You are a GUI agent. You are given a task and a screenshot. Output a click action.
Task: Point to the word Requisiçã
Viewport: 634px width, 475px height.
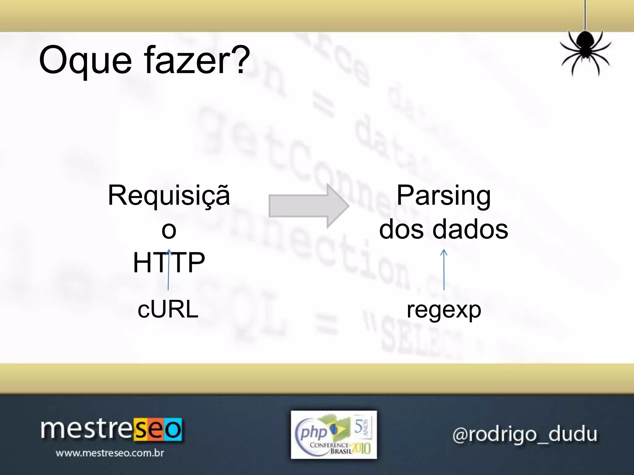tap(169, 196)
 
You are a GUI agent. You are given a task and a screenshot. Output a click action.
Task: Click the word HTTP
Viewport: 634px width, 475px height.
tap(169, 263)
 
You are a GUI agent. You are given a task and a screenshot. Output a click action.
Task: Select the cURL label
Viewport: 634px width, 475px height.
tap(168, 310)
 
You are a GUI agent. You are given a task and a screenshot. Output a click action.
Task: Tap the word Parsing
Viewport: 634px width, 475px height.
tap(444, 196)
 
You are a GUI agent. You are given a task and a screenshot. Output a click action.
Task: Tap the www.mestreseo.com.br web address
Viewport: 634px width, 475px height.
tap(110, 453)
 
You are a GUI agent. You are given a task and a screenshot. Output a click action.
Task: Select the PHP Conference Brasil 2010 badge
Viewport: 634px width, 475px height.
tap(334, 435)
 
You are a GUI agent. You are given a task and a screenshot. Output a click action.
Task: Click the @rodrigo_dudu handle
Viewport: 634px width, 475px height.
tap(525, 434)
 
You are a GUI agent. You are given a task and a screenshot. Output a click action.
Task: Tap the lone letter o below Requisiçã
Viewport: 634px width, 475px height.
tap(169, 230)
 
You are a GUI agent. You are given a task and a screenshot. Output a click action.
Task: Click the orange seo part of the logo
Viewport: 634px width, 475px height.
tap(158, 430)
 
